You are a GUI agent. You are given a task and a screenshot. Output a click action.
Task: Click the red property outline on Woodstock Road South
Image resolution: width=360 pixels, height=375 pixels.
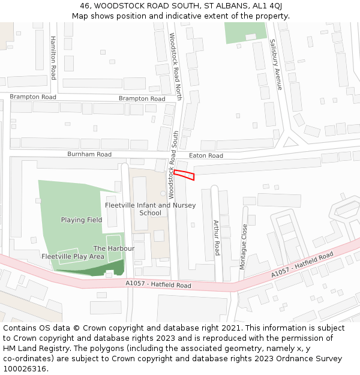coord(184,175)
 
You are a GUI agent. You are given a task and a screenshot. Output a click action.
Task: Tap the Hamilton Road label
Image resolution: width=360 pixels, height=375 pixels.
coord(53,57)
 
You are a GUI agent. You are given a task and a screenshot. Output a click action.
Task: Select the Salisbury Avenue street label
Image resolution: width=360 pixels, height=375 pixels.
coord(275,65)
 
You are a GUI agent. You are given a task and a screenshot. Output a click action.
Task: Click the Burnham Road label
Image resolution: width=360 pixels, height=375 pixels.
coord(89,154)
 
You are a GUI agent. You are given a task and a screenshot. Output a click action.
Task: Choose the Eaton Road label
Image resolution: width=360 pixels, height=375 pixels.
coord(206,155)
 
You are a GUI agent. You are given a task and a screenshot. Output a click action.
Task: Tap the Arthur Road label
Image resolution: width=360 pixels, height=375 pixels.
coord(217,237)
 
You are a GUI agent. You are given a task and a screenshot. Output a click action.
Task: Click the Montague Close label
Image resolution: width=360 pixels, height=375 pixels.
coord(243,246)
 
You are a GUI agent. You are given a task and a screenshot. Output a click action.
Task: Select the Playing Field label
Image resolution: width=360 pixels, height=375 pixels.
coord(82,220)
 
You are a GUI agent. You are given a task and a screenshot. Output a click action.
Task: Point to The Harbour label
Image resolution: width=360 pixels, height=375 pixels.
coord(114,248)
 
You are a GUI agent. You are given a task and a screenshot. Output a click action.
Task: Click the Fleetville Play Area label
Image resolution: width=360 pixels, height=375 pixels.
coord(73,256)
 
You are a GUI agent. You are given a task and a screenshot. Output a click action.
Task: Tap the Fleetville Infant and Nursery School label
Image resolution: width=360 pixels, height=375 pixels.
coord(150,209)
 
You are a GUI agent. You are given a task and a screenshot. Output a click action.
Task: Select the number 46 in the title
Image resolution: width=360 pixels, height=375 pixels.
coord(84,6)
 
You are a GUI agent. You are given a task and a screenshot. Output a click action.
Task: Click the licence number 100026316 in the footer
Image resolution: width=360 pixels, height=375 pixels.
coord(24,369)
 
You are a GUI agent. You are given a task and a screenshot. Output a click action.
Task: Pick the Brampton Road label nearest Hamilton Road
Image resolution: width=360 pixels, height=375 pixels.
coord(33,97)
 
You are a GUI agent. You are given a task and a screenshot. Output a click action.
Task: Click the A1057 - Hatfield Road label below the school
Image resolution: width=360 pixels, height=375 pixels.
coord(158,284)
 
